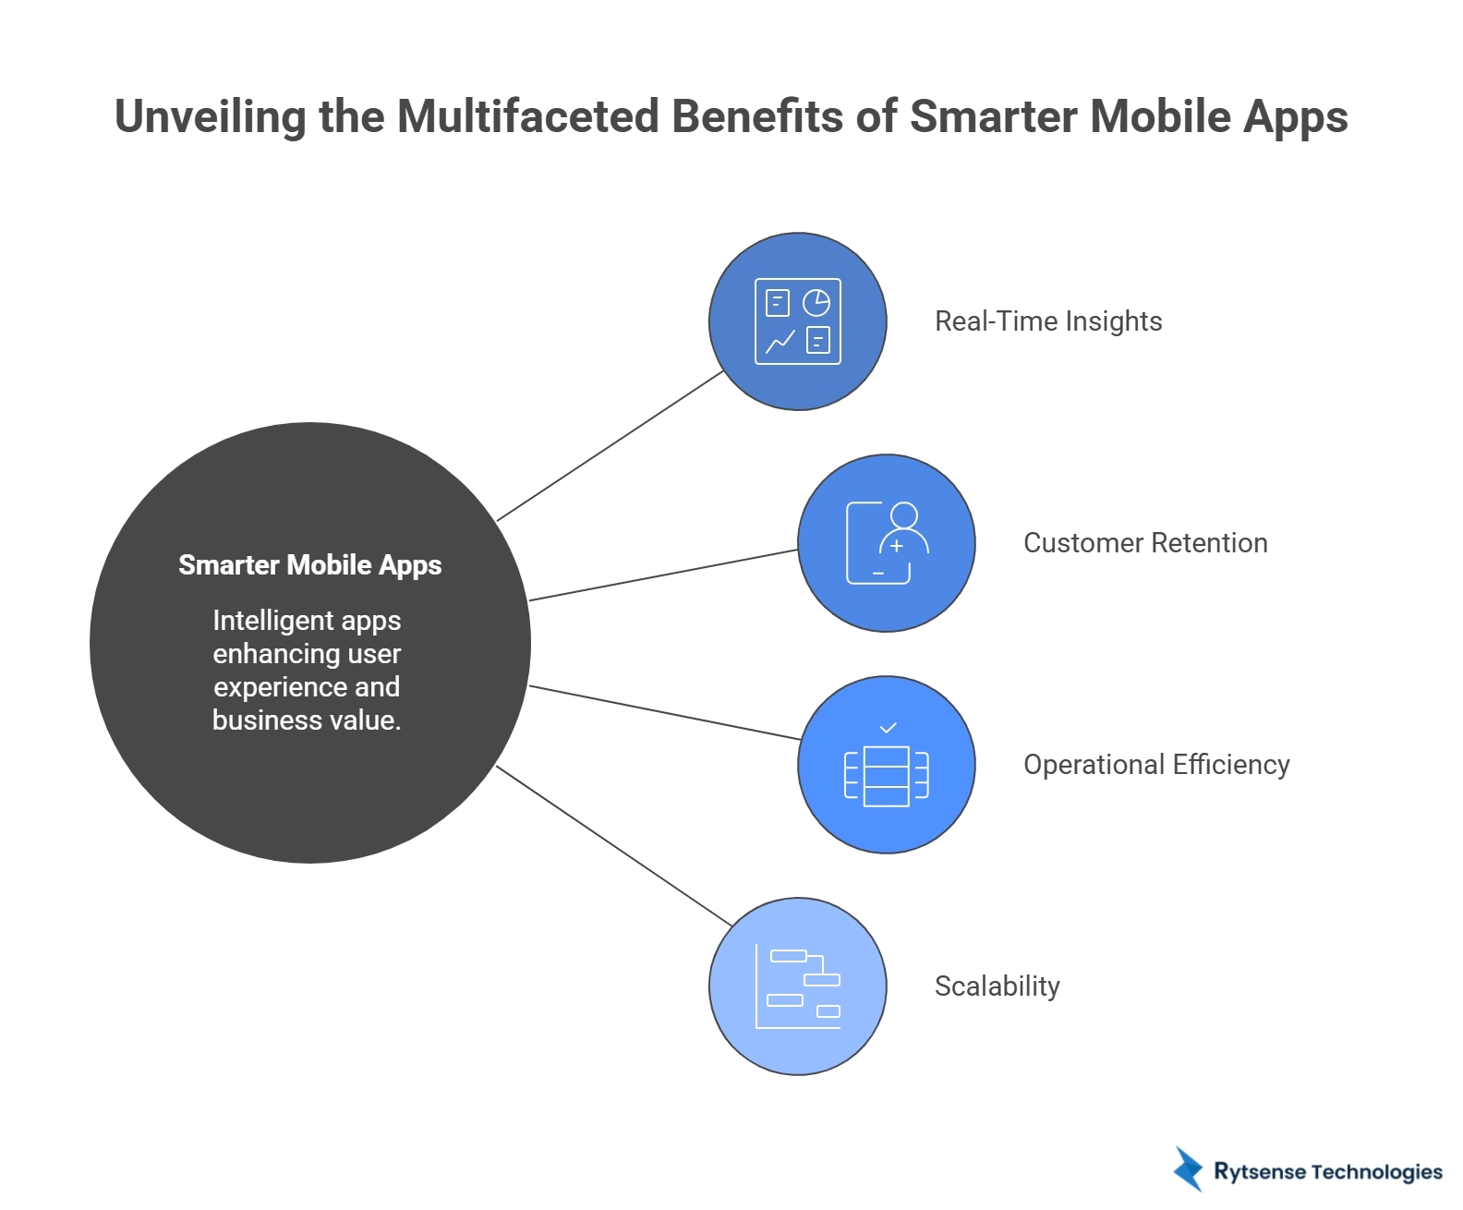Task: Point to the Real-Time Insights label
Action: (x=1048, y=321)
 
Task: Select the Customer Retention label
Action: (x=1145, y=543)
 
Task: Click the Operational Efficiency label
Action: (x=1156, y=765)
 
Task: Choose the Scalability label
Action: (x=997, y=986)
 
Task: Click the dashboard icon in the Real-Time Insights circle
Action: (x=798, y=321)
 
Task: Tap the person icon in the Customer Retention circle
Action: (x=887, y=543)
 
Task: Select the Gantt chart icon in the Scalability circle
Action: (x=798, y=986)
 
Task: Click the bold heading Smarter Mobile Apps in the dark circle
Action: (x=309, y=565)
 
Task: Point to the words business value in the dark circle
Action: (x=307, y=720)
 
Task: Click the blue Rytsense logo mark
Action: (x=1188, y=1169)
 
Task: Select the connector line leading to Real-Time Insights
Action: (x=610, y=446)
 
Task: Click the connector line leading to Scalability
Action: (x=613, y=845)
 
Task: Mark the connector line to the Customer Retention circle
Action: (x=663, y=575)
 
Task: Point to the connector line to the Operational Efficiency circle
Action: (x=663, y=712)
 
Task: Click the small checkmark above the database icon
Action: (x=888, y=728)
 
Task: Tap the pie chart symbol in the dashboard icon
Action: (x=816, y=302)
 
